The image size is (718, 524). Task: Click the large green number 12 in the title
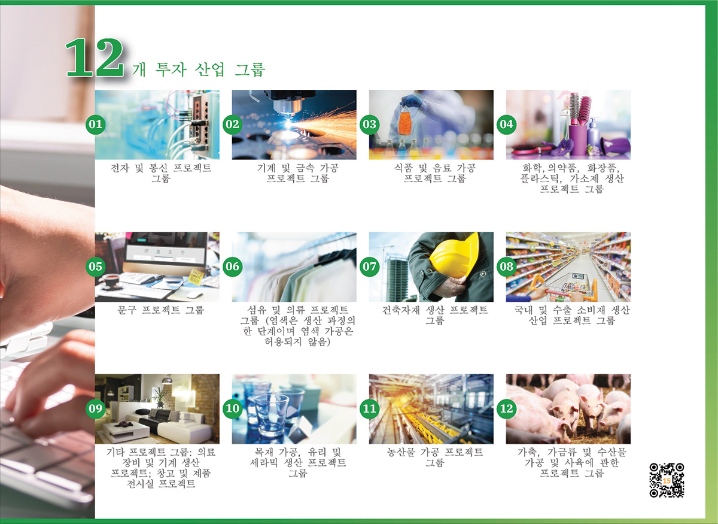click(x=95, y=57)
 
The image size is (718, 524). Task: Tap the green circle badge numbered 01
click(x=96, y=124)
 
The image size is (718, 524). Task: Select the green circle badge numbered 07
click(x=370, y=266)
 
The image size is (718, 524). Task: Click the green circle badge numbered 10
click(x=232, y=408)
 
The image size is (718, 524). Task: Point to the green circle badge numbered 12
click(x=506, y=408)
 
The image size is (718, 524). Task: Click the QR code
click(x=667, y=480)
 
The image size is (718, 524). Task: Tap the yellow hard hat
click(x=455, y=257)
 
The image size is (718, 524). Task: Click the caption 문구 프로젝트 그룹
click(x=160, y=310)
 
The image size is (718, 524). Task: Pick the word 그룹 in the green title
click(x=250, y=69)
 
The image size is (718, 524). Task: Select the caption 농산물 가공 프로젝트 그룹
click(x=434, y=458)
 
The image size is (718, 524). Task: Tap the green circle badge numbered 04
click(x=506, y=124)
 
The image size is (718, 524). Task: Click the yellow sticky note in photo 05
click(x=196, y=277)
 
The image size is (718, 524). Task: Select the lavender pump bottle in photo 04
click(x=594, y=133)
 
